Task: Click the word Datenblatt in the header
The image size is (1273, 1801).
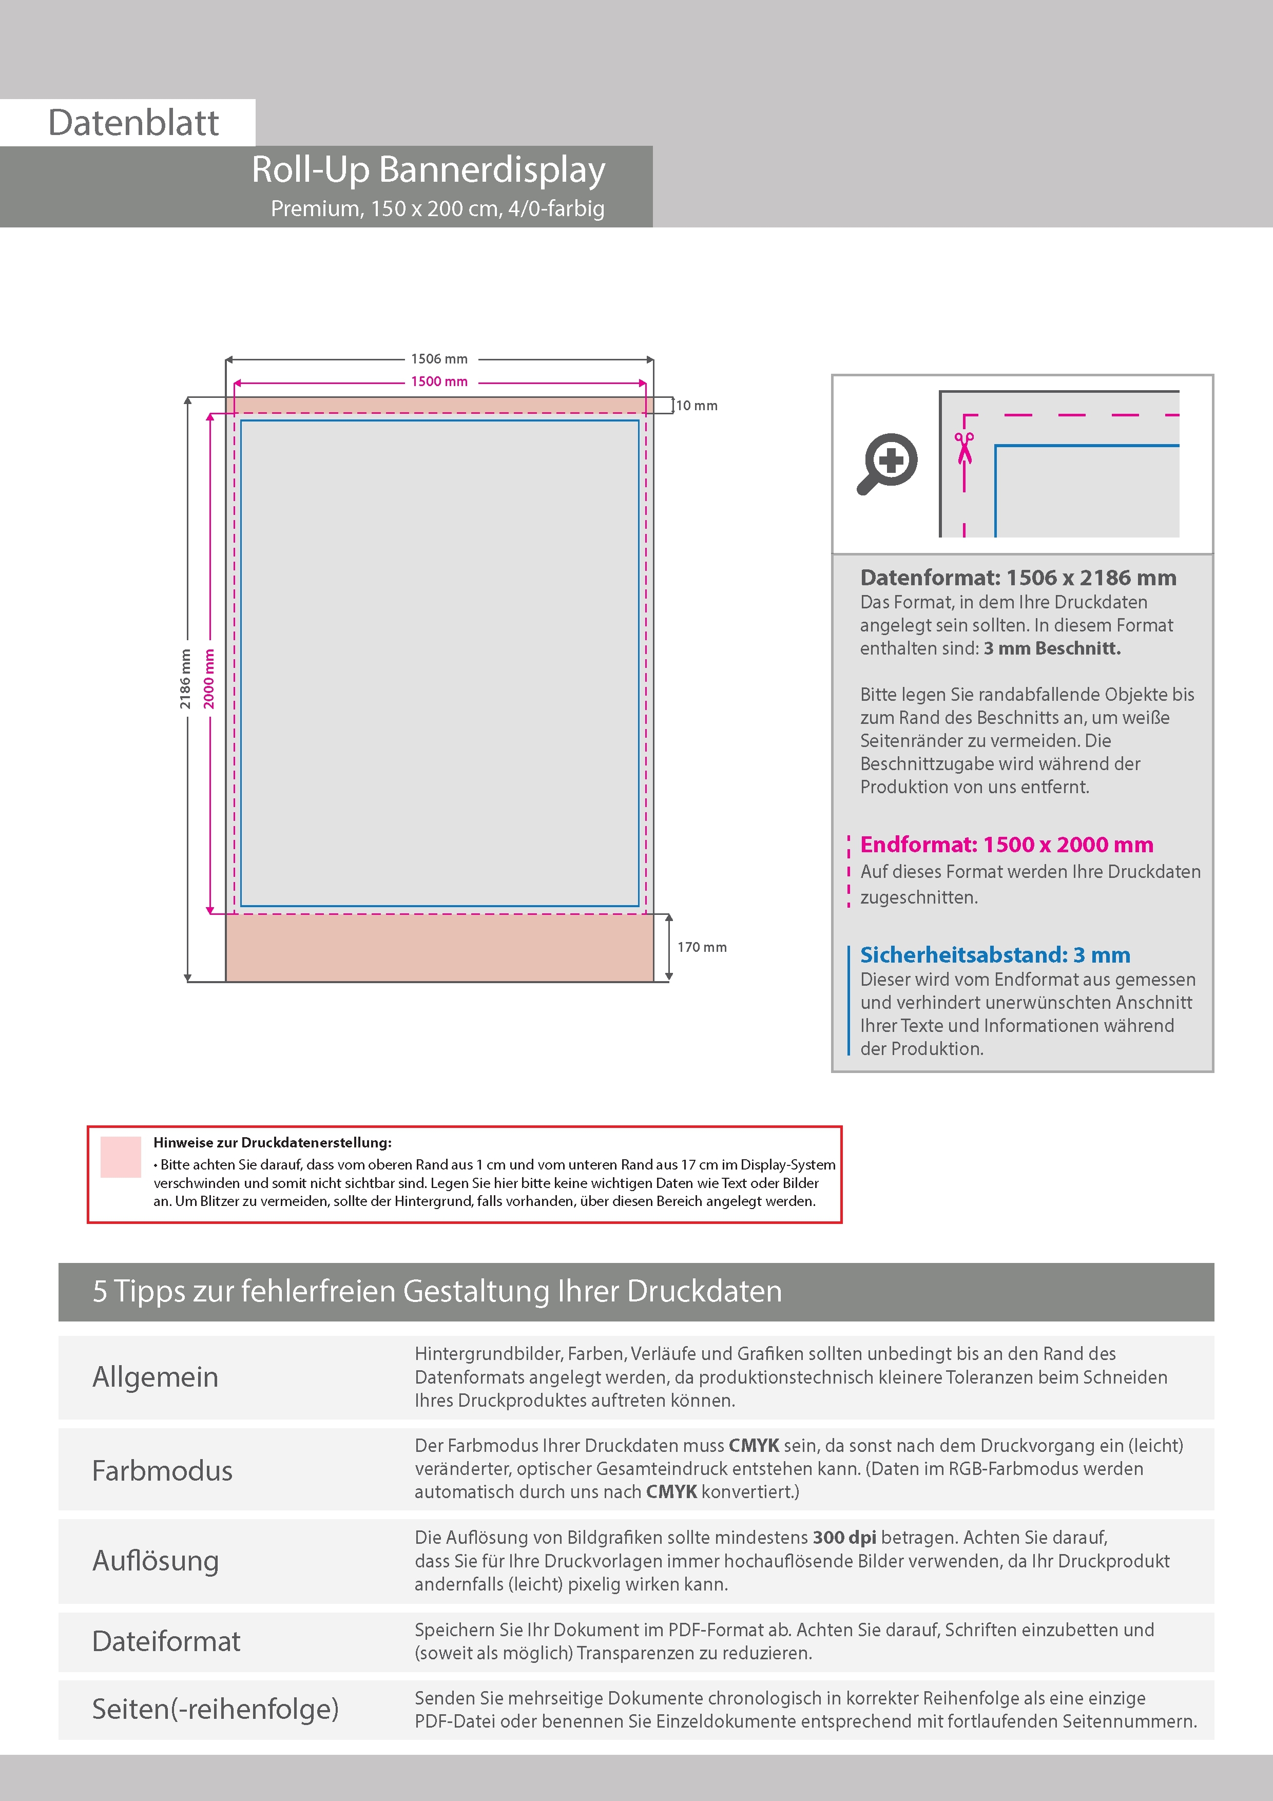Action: click(x=133, y=123)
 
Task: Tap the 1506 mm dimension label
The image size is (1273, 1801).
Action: click(x=439, y=359)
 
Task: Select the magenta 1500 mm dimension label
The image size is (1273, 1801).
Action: click(x=439, y=382)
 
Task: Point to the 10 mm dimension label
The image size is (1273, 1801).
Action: click(x=697, y=406)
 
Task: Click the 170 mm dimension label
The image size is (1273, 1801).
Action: click(x=702, y=948)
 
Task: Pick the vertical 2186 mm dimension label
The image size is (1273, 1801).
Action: click(x=186, y=679)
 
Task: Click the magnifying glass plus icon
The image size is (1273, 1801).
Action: click(x=888, y=463)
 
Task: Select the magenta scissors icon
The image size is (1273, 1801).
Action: click(x=964, y=448)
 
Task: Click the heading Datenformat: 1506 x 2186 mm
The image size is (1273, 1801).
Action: click(x=1018, y=578)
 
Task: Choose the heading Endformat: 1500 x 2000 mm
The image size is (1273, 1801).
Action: click(x=1006, y=845)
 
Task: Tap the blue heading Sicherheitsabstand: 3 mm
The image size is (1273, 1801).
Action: click(x=995, y=955)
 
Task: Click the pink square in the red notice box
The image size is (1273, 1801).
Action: click(x=121, y=1157)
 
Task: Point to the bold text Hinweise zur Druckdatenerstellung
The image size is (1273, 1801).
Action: click(x=272, y=1143)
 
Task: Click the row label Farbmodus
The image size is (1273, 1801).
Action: click(x=162, y=1471)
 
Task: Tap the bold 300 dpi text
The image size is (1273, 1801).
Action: click(x=844, y=1538)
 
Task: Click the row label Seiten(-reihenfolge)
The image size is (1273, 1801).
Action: click(x=215, y=1709)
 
